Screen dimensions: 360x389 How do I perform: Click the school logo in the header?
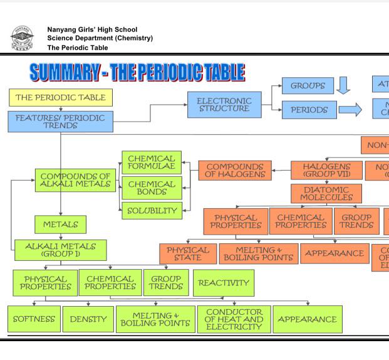[23, 38]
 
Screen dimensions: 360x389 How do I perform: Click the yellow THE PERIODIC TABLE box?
[61, 97]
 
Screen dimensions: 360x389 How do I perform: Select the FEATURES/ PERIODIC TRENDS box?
[60, 122]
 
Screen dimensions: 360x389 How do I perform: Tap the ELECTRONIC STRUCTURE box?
[224, 105]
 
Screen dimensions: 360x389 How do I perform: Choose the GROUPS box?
[308, 85]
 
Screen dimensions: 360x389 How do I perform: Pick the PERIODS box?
[309, 110]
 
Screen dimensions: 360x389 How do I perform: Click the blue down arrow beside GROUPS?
[343, 85]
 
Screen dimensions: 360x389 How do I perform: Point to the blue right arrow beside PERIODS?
[350, 110]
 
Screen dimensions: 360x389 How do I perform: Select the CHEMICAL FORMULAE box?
[152, 162]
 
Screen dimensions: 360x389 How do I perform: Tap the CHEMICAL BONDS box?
[152, 188]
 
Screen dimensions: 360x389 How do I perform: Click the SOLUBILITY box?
[152, 211]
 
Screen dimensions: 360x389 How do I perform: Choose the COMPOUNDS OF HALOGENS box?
[236, 170]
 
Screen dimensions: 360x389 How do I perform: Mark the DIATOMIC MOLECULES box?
[326, 193]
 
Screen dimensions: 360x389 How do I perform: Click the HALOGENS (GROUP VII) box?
[326, 170]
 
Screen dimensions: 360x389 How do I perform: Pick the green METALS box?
[60, 224]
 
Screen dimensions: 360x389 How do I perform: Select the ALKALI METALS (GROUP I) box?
[60, 250]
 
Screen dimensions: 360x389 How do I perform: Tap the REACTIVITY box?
[224, 283]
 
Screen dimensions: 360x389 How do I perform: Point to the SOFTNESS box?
[34, 319]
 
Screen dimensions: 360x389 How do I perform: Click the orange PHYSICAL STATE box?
[188, 253]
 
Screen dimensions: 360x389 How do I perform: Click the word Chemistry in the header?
[132, 38]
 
